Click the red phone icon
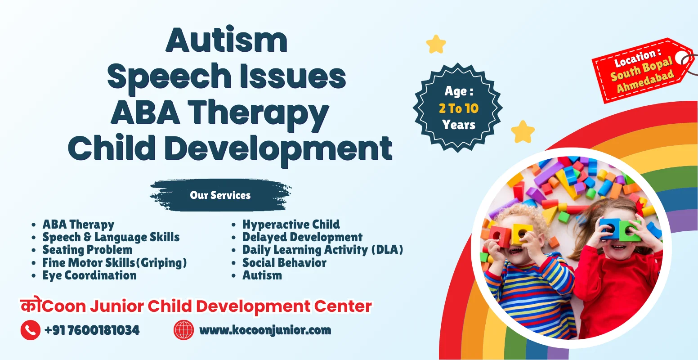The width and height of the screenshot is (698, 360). (x=30, y=330)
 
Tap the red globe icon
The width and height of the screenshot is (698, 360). (x=183, y=330)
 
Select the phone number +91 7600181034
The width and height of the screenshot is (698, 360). (x=92, y=330)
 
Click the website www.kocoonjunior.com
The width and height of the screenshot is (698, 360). (x=265, y=330)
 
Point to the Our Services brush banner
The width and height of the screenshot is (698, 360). (x=220, y=195)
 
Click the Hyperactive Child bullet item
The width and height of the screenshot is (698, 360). (x=291, y=225)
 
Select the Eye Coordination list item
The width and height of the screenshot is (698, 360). (x=89, y=275)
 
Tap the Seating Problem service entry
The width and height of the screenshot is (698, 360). (x=87, y=250)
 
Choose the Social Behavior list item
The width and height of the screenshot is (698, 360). (x=284, y=263)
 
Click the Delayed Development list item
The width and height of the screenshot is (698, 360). (x=302, y=237)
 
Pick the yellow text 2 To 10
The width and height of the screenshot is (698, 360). (x=458, y=108)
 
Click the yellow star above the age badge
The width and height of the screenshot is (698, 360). (x=436, y=44)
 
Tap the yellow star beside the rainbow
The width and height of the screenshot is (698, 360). (x=523, y=132)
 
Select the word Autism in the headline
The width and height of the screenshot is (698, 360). (x=227, y=40)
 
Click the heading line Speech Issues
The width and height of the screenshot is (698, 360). (x=227, y=76)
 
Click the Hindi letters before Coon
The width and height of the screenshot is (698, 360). (x=31, y=305)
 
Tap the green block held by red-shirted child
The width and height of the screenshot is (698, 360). (x=630, y=231)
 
